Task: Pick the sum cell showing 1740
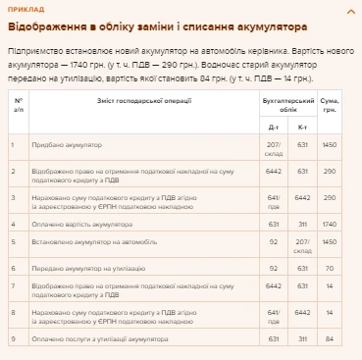point(330,224)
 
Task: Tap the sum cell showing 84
point(330,339)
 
